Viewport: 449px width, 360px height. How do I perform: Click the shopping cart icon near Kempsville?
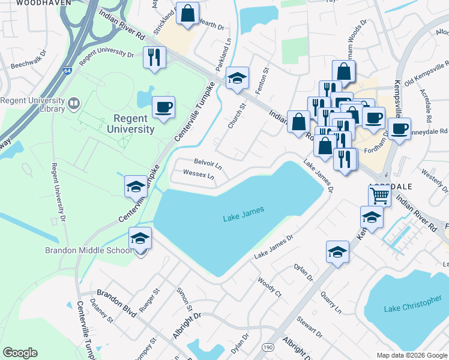coord(379,194)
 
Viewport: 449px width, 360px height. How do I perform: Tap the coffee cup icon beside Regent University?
coord(164,108)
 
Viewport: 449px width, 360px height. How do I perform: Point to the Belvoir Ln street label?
coord(208,163)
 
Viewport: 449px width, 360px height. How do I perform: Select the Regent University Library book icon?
coord(73,104)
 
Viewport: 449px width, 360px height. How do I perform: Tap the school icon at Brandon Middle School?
coord(140,239)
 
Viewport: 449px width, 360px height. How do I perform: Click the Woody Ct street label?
coord(269,287)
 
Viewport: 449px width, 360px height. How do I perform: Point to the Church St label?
coord(238,116)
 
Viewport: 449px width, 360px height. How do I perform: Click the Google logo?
coord(20,353)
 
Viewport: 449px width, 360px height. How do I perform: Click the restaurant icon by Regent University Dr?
coord(154,58)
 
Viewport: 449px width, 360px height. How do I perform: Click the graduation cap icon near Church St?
coord(237,78)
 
